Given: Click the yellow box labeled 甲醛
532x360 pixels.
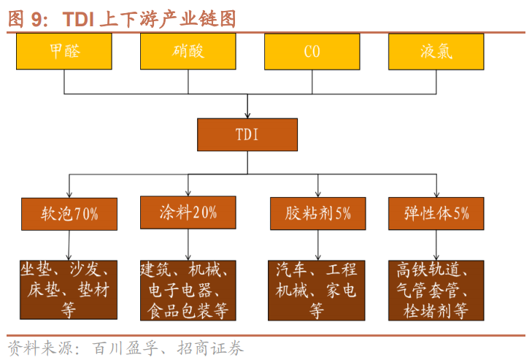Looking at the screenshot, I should tap(65, 52).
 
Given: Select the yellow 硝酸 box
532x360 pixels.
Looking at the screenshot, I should tap(188, 52).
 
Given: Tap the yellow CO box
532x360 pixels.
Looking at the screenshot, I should tap(312, 52).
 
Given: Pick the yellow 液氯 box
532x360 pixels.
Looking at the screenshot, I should tap(436, 52).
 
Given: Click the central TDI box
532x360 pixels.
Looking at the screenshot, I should tap(247, 134).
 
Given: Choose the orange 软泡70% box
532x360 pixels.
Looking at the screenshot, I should tap(69, 213).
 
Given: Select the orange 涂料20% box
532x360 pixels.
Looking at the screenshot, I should tap(188, 212).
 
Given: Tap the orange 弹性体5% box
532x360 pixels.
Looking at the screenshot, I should tap(436, 213).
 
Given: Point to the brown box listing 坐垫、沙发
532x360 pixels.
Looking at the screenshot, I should tap(66, 290).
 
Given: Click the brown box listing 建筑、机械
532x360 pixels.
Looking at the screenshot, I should tap(188, 290).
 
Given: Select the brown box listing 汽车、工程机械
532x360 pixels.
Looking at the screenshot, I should tap(316, 290).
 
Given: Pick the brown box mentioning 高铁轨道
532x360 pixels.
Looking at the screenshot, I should tap(436, 290).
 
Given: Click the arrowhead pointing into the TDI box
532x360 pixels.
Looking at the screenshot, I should tap(247, 115).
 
